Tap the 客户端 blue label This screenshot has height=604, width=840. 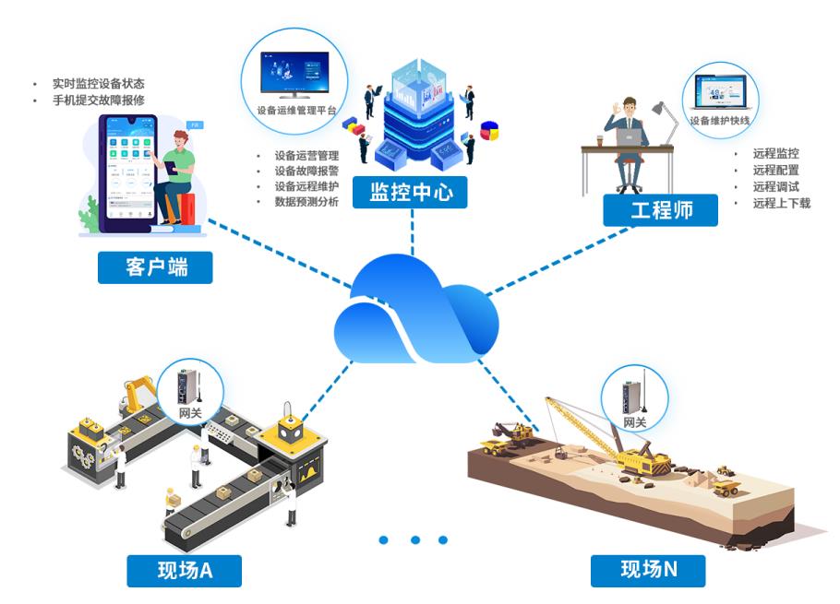point(155,267)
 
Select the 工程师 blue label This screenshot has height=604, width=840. point(661,210)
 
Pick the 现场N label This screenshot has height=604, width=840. point(649,569)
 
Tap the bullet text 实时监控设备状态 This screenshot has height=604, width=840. point(99,83)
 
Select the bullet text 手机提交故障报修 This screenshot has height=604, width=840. point(99,100)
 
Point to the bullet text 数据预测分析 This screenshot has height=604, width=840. point(306,202)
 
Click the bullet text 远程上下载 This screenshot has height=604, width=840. point(781,203)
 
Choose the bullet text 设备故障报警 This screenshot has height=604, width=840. point(306,171)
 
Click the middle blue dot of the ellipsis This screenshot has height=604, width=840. point(415,539)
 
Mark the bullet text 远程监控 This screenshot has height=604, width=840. point(775,154)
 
